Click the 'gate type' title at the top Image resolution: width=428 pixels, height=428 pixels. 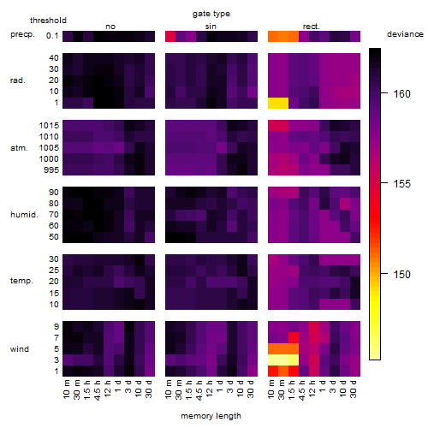point(211,14)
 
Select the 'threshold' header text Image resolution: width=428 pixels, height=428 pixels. point(48,21)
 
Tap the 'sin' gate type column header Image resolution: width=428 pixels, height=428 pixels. point(211,27)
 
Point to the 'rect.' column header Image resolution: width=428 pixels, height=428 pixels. point(312,27)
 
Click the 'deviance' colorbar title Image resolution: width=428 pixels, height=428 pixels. point(405,34)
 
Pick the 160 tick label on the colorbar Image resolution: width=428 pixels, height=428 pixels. point(401,93)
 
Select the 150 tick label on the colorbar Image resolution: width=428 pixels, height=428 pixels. point(401,274)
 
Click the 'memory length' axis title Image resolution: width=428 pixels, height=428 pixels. point(211,416)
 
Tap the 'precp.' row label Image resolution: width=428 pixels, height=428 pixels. point(22,34)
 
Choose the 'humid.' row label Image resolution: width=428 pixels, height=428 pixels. point(24,214)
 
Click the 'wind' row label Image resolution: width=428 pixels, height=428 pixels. point(20,348)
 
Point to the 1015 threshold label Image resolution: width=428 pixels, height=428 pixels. point(49,125)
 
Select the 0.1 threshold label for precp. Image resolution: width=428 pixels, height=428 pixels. point(52,36)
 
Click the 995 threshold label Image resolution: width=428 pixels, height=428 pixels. point(51,170)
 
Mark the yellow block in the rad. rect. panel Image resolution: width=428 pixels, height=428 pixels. point(278,103)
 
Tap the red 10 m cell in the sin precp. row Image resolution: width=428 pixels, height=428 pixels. point(170,36)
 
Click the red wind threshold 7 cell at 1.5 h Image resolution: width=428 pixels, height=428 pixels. point(294,338)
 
